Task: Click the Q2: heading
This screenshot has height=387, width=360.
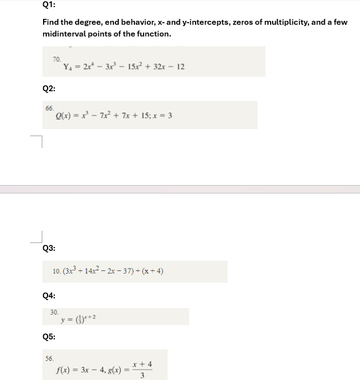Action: (48, 88)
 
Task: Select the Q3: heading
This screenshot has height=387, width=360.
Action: (48, 248)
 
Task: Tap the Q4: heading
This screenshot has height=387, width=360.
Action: (48, 295)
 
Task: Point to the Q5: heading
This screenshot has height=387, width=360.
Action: (48, 337)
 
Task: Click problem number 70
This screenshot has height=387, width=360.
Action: (57, 59)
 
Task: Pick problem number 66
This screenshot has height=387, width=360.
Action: (49, 108)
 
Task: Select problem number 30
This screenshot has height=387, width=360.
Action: (54, 313)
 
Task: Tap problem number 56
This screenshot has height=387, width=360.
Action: (49, 358)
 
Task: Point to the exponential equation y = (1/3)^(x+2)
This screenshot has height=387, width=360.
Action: (78, 319)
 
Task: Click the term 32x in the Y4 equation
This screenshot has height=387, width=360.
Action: (153, 66)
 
